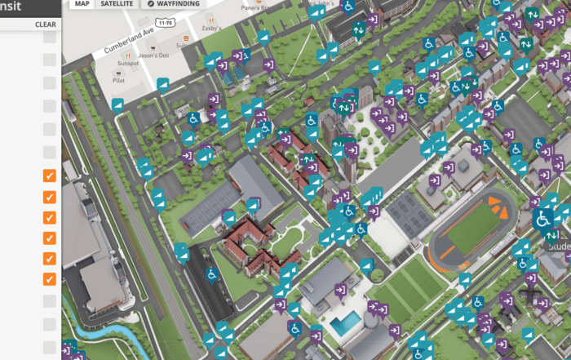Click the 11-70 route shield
165,24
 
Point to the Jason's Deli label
153,56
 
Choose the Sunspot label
128,63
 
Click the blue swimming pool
344,324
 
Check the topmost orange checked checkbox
50,176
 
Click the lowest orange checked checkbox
50,278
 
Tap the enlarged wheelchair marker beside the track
542,218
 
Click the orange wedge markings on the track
498,207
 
